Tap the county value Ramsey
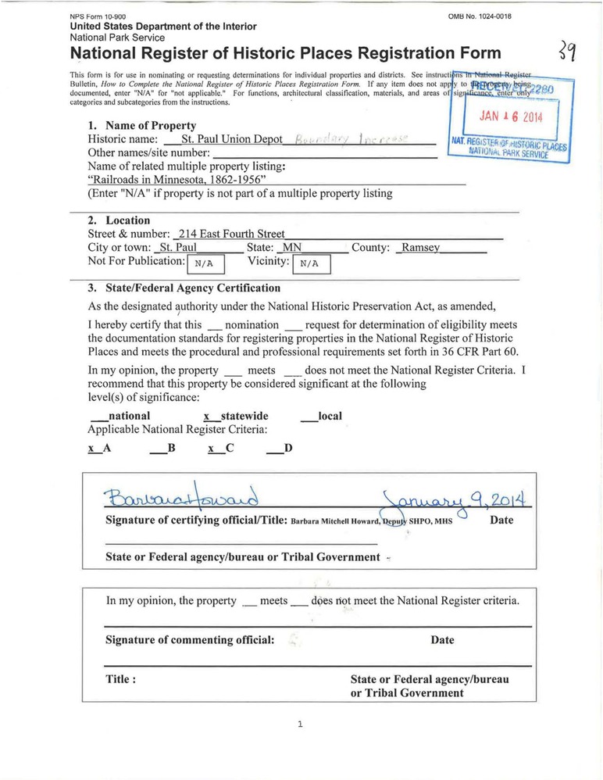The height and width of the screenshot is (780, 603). (419, 248)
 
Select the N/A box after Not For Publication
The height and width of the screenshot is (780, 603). (205, 263)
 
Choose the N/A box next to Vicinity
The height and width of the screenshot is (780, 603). (311, 264)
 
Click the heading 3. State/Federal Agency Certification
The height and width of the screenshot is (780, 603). (184, 288)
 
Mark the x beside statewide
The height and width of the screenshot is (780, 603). (206, 417)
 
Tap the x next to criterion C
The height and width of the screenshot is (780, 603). (211, 449)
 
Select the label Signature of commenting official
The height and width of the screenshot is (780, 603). (190, 640)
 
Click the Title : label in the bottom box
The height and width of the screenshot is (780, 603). (121, 679)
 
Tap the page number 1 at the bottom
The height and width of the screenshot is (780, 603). (300, 725)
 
